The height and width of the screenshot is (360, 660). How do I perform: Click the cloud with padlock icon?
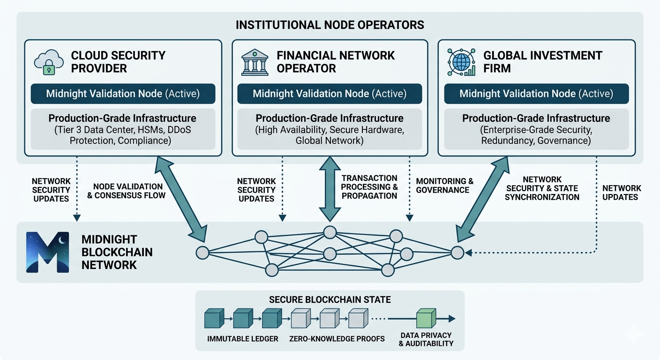[x=48, y=62]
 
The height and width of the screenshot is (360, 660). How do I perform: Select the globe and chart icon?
[x=461, y=62]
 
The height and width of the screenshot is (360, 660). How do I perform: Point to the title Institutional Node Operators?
[x=330, y=24]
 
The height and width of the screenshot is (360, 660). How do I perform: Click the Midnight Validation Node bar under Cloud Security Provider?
[x=123, y=93]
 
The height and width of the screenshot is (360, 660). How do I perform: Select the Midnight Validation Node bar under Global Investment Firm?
[x=536, y=93]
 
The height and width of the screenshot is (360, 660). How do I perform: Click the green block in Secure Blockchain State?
[x=426, y=318]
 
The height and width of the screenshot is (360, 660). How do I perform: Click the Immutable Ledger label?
[x=243, y=338]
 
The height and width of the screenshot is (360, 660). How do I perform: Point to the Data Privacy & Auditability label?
[x=426, y=339]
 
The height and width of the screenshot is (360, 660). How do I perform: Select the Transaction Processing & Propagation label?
[x=369, y=187]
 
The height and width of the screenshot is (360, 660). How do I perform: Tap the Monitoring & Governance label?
[x=445, y=186]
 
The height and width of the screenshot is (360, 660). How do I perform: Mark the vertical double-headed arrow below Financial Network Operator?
[x=330, y=189]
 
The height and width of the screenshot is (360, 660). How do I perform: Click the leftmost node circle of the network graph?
[x=202, y=252]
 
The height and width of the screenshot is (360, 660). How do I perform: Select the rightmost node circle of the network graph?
[x=457, y=252]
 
